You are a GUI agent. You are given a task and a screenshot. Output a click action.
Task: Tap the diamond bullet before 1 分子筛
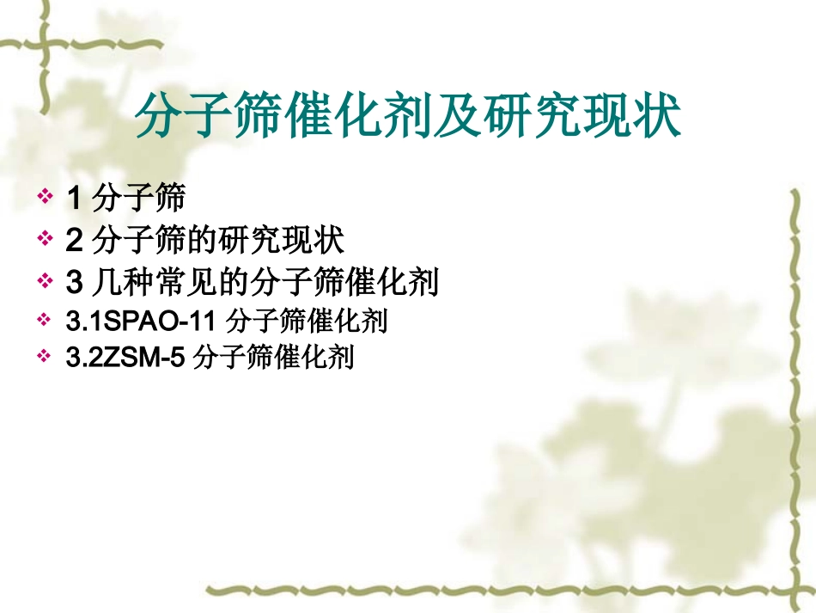tap(45, 199)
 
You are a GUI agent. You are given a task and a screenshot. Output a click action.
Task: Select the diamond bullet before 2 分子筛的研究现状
tap(45, 241)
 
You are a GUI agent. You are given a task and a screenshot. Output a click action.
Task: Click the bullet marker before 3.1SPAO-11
tap(45, 322)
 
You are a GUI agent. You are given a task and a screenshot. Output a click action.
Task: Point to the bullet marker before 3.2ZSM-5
tap(45, 357)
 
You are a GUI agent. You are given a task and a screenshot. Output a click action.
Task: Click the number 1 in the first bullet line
tap(73, 199)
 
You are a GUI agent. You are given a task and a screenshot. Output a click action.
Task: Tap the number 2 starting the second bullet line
tap(74, 241)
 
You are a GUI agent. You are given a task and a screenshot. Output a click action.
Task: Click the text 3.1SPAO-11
tap(138, 322)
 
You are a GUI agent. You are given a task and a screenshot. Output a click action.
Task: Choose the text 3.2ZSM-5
tap(125, 357)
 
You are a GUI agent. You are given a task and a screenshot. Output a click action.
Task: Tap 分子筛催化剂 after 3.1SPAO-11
tap(306, 322)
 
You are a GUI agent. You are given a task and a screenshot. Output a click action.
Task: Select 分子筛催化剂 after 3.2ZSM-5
tap(274, 357)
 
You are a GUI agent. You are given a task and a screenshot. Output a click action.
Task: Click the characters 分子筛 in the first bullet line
tap(137, 199)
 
